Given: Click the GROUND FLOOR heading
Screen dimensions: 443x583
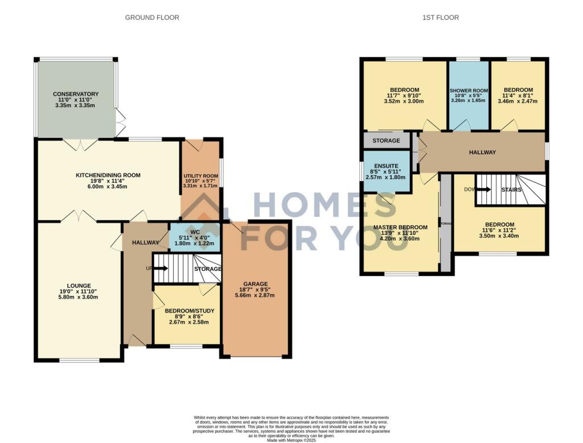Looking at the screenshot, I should click(152, 18).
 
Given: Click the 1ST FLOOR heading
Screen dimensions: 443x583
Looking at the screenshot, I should click(440, 18).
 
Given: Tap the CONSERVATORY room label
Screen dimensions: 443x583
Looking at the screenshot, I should click(76, 94).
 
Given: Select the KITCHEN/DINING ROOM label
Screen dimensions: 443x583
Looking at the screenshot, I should click(108, 175).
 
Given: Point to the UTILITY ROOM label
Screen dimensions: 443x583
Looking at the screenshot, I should click(200, 176).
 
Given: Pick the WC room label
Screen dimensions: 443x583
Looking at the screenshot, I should click(195, 232).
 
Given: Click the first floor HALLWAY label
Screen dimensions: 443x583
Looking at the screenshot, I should click(482, 152).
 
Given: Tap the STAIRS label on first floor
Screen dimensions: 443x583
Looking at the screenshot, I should click(511, 189).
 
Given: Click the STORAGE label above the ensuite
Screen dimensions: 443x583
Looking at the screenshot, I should click(386, 140).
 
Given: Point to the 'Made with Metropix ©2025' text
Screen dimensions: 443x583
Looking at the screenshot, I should click(291, 440).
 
